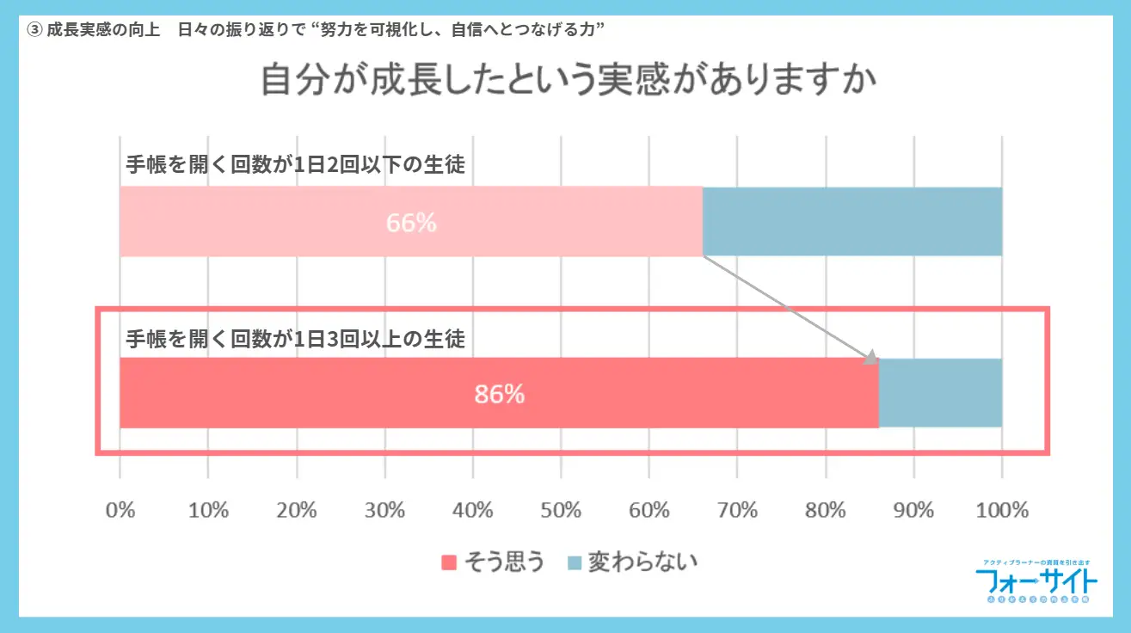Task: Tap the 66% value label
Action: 411,223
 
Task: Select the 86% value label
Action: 499,394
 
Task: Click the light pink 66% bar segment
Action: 258,223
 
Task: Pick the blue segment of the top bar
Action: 852,222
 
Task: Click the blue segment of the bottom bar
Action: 940,393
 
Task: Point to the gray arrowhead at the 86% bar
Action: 871,357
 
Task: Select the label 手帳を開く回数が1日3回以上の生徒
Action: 295,338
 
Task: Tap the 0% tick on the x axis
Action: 120,510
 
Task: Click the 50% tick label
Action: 561,510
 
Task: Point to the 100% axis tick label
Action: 1002,510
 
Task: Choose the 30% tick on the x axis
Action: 384,510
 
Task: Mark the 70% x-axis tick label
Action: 737,510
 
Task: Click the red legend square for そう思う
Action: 448,563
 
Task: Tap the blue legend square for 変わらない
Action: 574,563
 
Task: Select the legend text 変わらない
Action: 642,562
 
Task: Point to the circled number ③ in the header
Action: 34,28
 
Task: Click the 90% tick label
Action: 913,510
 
